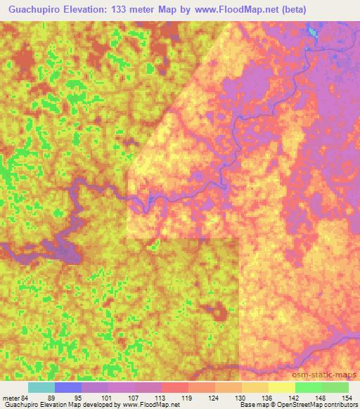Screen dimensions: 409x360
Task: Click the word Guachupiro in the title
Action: coord(35,10)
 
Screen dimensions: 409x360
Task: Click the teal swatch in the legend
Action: coord(41,387)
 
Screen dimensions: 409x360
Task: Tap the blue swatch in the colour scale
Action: coord(68,387)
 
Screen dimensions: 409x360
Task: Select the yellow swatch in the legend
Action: coord(282,387)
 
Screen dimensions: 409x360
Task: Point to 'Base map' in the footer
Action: coord(251,405)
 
